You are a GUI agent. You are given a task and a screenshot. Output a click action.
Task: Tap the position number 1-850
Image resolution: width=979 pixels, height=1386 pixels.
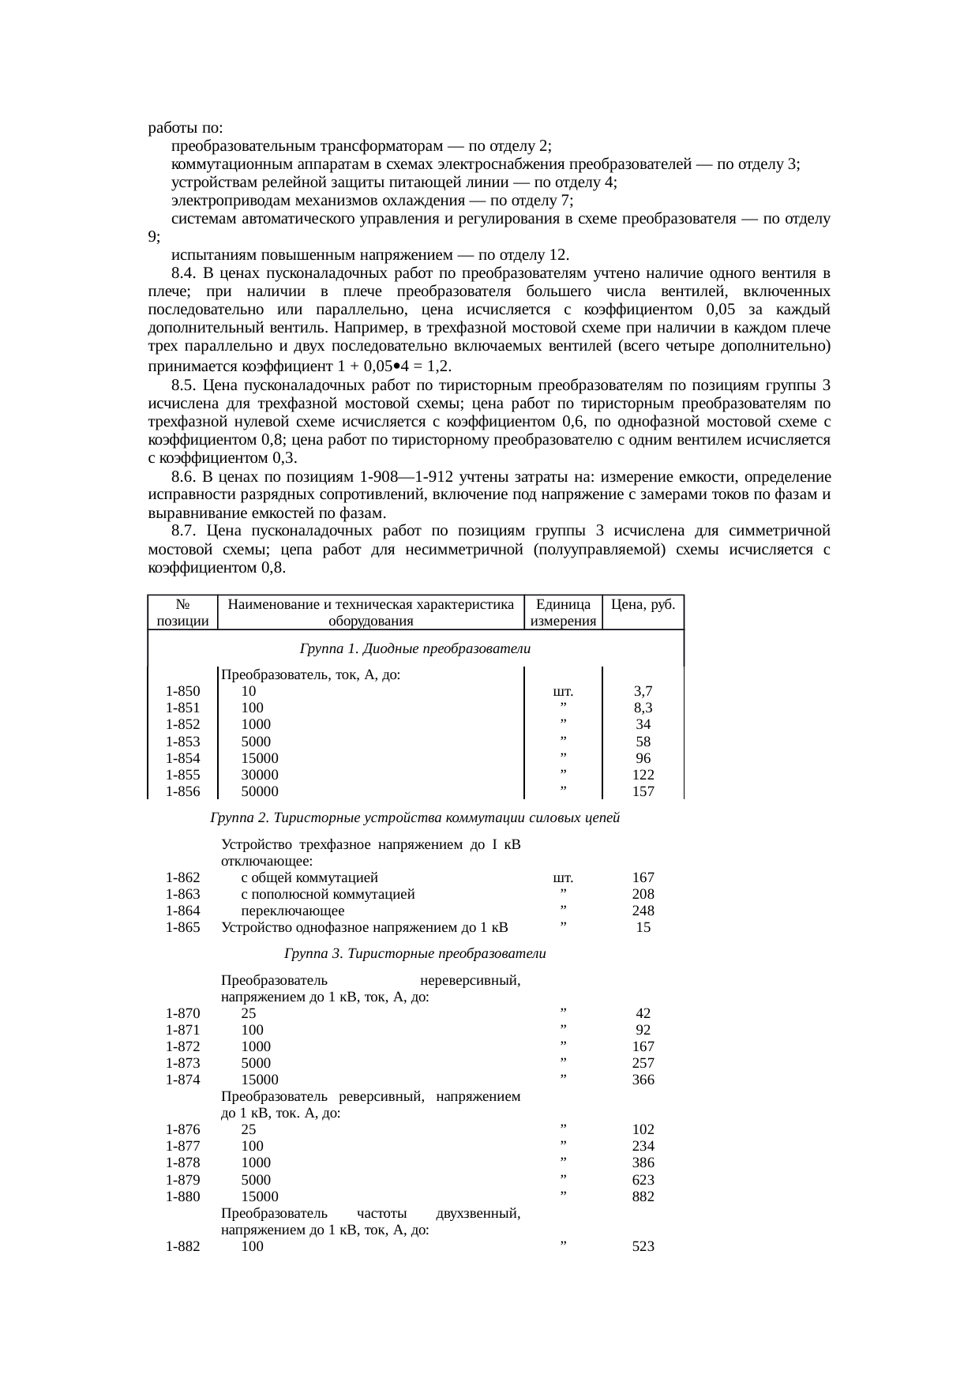(x=182, y=691)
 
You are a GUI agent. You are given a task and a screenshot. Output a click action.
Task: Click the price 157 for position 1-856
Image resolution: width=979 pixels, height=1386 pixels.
(x=643, y=791)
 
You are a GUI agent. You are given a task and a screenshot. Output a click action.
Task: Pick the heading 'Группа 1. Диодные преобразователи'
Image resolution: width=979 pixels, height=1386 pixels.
(x=414, y=648)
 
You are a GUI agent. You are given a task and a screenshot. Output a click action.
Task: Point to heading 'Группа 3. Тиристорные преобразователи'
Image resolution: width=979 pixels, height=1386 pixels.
(x=414, y=953)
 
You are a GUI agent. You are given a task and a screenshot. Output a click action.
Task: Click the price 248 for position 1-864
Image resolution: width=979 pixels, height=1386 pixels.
(x=643, y=911)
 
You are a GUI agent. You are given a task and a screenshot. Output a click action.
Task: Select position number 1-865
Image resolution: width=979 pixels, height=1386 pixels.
(x=182, y=927)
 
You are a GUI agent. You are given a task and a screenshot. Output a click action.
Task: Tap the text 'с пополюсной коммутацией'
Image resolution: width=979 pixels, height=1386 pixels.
(x=328, y=894)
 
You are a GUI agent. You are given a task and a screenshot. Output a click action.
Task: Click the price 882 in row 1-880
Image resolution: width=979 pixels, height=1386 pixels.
(x=643, y=1196)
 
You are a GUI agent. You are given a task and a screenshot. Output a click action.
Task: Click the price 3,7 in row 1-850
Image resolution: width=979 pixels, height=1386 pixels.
(x=643, y=691)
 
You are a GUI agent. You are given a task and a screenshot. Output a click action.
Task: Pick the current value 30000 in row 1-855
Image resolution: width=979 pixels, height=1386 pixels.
(x=260, y=775)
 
